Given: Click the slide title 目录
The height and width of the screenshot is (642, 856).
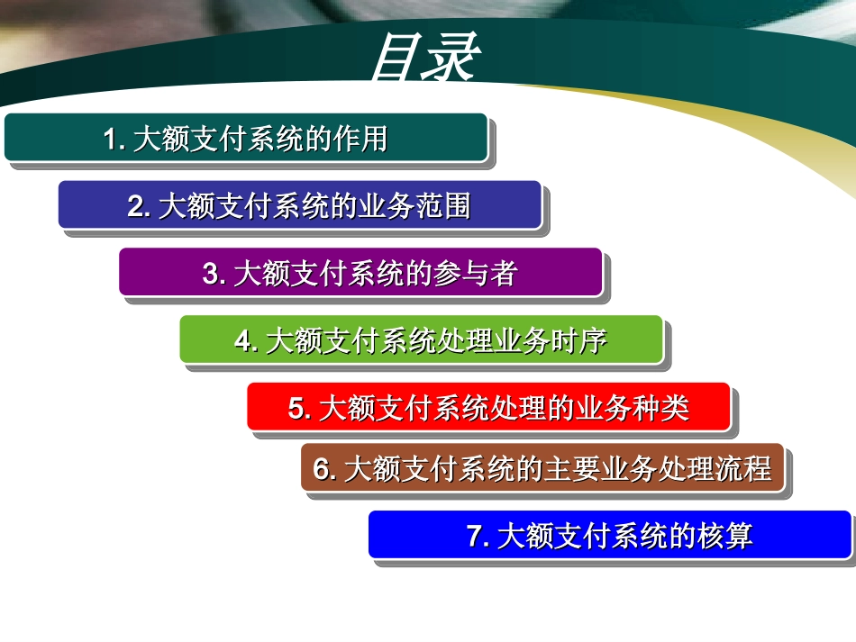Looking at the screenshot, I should [423, 60].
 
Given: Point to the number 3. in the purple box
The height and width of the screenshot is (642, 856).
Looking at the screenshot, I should [214, 274].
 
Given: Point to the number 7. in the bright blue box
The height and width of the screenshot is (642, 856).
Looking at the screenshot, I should [478, 537].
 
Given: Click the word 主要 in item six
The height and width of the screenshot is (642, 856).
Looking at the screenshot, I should [570, 469].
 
